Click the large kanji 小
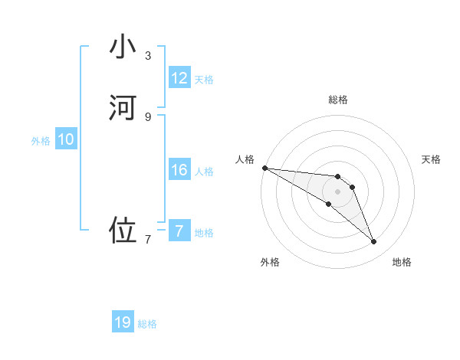(123, 47)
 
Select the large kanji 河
(123, 108)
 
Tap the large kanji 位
(123, 231)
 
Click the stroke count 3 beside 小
(148, 56)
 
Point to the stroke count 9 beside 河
(148, 116)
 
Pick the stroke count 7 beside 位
(148, 240)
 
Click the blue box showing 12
(179, 78)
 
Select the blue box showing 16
(179, 170)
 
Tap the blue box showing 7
(179, 231)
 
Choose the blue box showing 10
(66, 139)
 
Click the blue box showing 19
(123, 322)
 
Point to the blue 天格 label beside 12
(204, 80)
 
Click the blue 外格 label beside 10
(41, 141)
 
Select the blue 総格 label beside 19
(147, 324)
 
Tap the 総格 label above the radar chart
(338, 100)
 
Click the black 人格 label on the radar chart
(245, 159)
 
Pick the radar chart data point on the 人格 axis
(264, 168)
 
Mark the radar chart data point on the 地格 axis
(373, 242)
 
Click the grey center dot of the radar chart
(338, 191)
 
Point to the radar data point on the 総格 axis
(338, 175)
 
